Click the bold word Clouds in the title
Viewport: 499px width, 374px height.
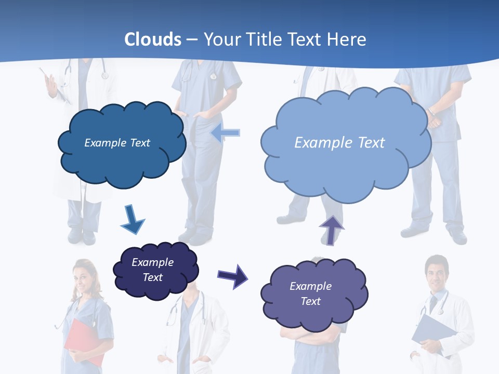(153, 39)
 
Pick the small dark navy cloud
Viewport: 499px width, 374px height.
(155, 270)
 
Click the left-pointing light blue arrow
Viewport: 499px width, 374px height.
(226, 133)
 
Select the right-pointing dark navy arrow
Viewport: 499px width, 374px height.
(232, 275)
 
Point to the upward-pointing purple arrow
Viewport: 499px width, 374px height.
(331, 230)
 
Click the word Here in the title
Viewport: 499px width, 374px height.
(348, 39)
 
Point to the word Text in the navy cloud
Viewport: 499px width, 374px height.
(153, 277)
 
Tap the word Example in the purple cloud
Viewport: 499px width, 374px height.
(310, 286)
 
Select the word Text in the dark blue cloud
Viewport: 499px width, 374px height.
(139, 143)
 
